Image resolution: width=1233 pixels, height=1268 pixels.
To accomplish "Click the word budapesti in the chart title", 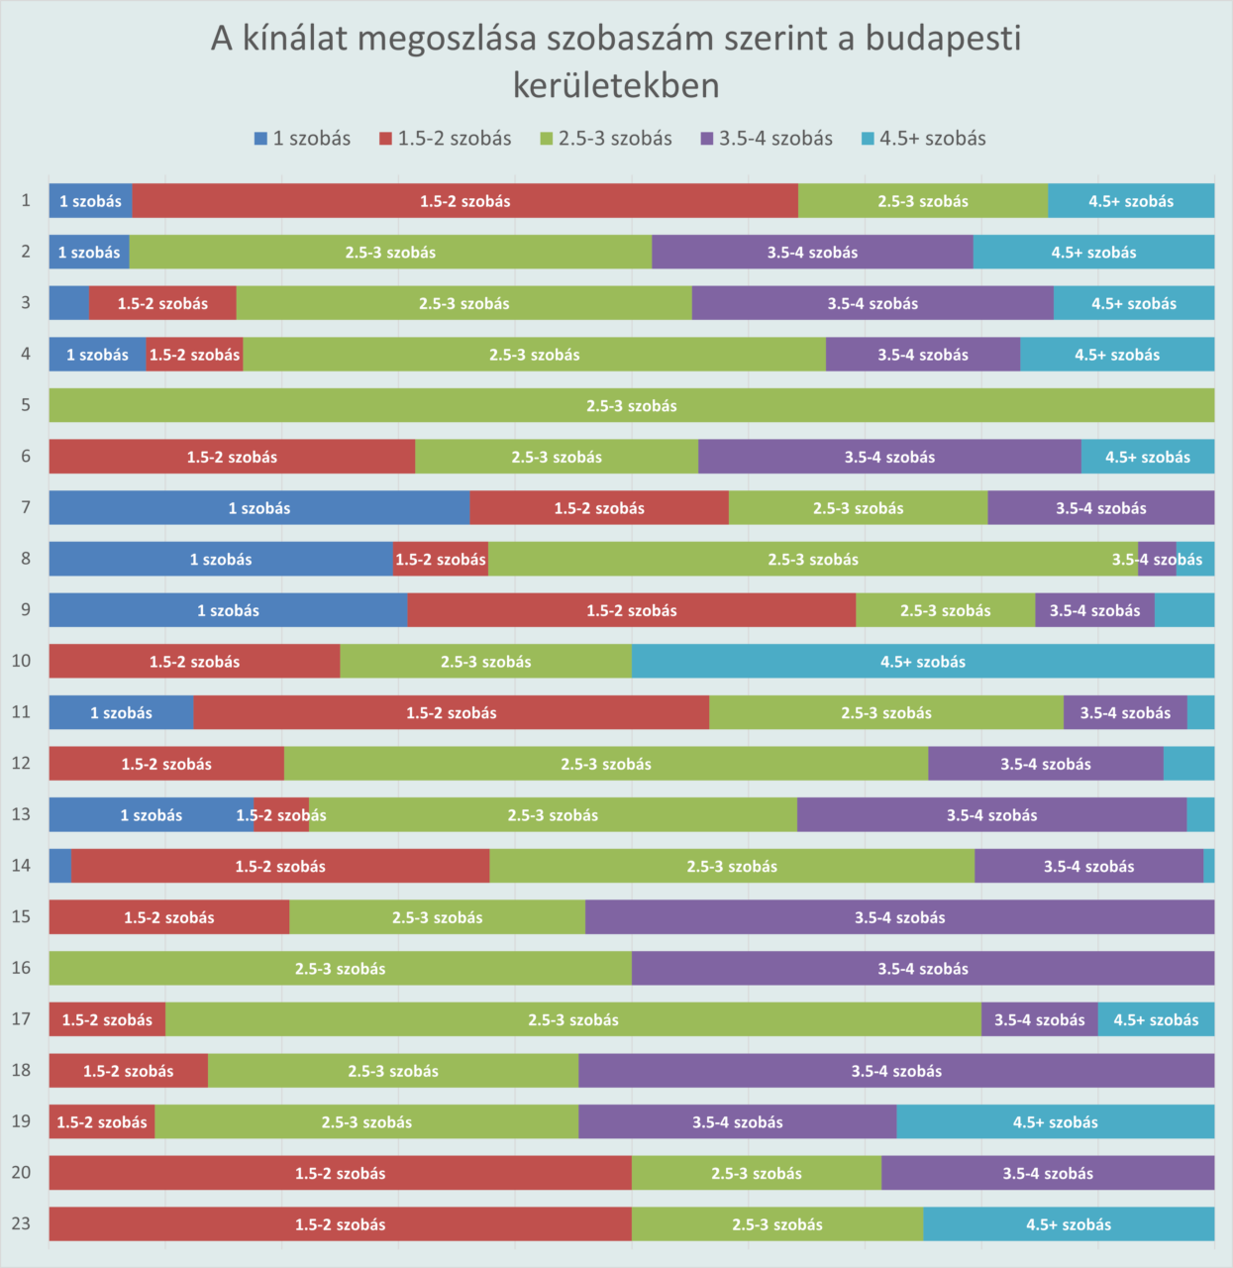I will coord(942,39).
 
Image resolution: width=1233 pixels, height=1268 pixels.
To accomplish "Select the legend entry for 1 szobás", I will coord(302,139).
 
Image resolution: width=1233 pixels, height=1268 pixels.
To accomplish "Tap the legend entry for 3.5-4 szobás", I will coord(767,139).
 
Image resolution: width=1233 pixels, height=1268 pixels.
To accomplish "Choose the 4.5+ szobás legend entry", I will coord(923,139).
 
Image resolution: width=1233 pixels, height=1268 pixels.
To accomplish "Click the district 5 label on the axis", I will coord(26,405).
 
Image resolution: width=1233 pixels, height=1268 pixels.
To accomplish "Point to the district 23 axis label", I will coord(22,1223).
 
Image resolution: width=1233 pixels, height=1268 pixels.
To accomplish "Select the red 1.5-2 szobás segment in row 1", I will coord(465,201).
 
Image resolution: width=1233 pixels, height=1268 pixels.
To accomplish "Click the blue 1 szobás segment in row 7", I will coord(259,508).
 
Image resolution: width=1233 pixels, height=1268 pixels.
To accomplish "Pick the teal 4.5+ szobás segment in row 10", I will coord(923,662).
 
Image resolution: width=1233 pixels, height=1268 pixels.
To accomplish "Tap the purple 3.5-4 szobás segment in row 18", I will coord(896,1071).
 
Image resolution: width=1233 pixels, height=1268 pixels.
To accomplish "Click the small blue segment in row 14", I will coord(60,866).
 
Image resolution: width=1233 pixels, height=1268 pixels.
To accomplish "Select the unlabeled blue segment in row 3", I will coord(69,303).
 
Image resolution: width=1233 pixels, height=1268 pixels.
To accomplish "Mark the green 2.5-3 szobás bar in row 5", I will coord(632,405).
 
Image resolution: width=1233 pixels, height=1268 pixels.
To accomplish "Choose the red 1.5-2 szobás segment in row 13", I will coord(281,814).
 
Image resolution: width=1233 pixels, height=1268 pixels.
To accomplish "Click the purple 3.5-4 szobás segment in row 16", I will coord(923,969).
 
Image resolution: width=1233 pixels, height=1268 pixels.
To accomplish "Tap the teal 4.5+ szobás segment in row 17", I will coord(1156,1019).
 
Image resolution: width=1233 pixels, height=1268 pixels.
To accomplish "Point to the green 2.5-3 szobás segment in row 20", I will coord(757,1173).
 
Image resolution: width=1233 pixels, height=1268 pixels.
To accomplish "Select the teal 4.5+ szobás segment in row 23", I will coord(1069,1224).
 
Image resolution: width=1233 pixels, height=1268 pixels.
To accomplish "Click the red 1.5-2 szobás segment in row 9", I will coord(632,610).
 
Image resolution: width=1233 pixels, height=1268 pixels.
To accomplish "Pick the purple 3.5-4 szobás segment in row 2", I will coord(812,253).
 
